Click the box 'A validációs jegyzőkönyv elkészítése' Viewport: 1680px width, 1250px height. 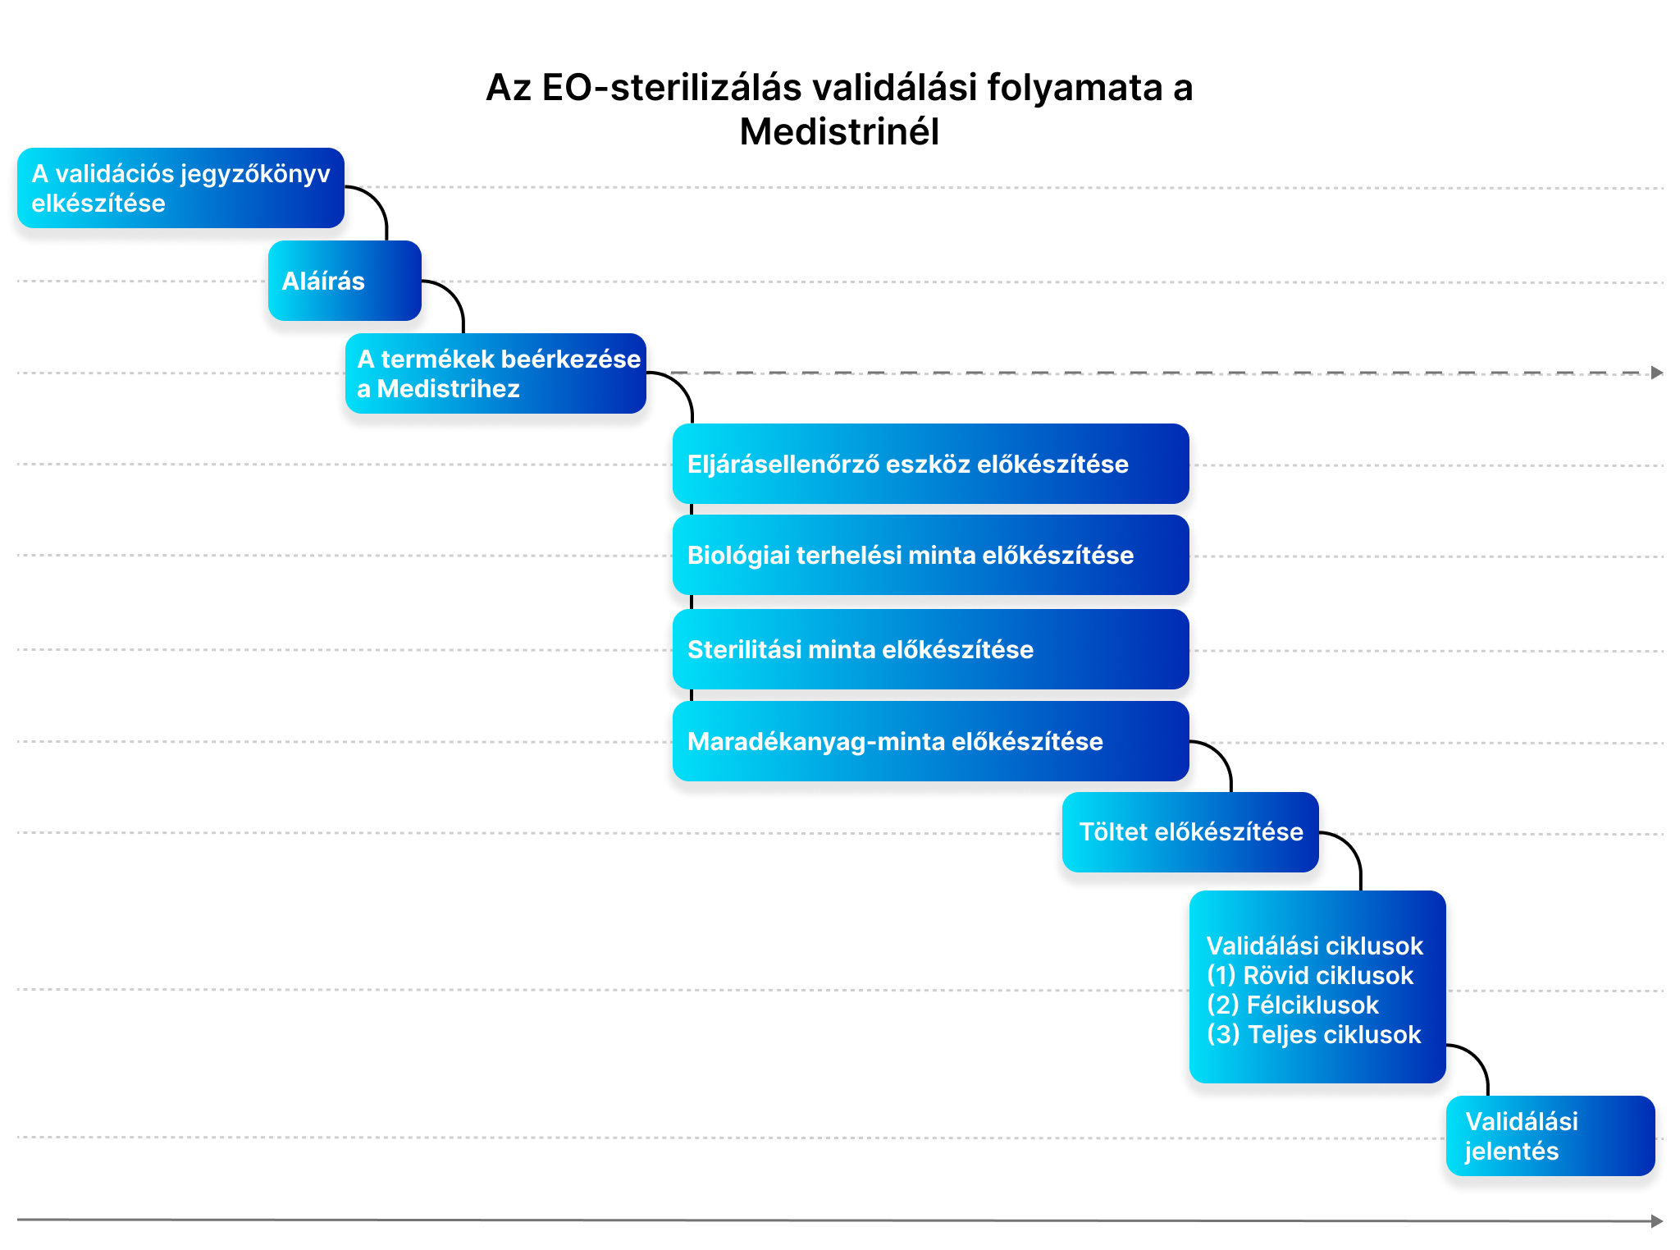[x=180, y=188]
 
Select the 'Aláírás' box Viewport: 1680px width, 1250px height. [x=345, y=281]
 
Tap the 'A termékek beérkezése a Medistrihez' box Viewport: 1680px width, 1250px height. [x=495, y=373]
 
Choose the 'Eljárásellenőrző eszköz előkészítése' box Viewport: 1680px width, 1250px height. [x=930, y=464]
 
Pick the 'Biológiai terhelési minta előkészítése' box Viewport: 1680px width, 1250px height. [x=930, y=555]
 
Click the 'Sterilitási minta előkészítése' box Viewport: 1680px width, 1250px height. [x=930, y=649]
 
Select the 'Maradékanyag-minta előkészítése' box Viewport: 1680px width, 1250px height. [x=930, y=741]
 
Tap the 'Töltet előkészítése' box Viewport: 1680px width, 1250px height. [x=1190, y=832]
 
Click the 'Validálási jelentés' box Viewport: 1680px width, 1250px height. [x=1550, y=1136]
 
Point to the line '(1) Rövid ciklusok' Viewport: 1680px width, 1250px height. [x=1310, y=975]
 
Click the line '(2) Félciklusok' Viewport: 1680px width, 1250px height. [x=1293, y=1005]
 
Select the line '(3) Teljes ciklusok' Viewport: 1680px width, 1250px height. [x=1313, y=1034]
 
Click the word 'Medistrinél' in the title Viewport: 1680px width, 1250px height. [x=839, y=131]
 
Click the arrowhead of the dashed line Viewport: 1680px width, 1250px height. [x=1657, y=373]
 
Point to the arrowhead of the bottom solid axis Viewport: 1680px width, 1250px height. [x=1657, y=1221]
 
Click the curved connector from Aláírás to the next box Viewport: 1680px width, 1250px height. [x=454, y=293]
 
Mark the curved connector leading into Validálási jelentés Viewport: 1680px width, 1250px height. [x=1478, y=1058]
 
